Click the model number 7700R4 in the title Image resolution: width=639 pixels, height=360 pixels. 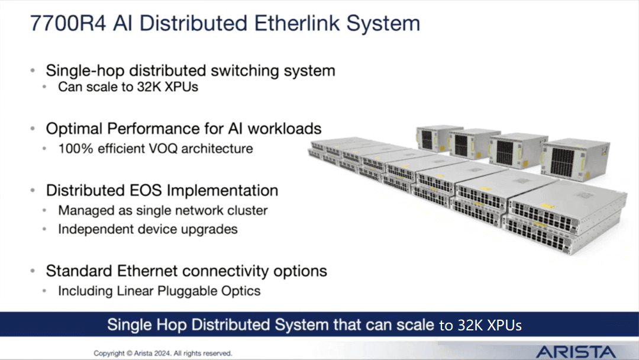click(68, 23)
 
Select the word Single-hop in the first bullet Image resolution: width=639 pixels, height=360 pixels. click(85, 71)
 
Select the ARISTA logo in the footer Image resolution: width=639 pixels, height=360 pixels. click(576, 352)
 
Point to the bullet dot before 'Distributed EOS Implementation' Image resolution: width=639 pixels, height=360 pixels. click(33, 191)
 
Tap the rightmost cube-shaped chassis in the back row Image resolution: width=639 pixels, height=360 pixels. click(576, 160)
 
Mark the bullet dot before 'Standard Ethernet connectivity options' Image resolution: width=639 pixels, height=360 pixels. click(33, 271)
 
